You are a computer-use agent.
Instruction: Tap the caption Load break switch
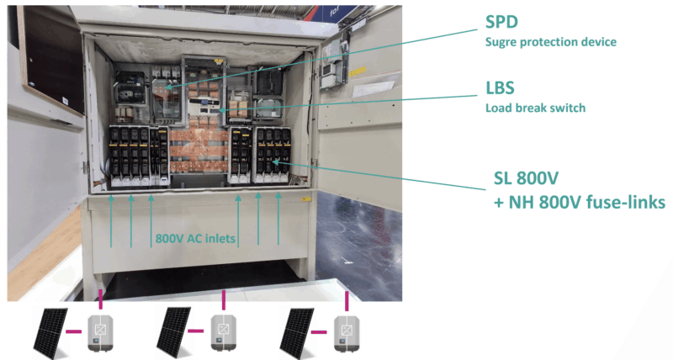click(535, 108)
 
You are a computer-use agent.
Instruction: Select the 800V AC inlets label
click(195, 238)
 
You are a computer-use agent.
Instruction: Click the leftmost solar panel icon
click(51, 331)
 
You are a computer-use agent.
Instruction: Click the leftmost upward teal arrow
click(112, 222)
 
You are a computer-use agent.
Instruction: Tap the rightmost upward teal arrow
click(278, 222)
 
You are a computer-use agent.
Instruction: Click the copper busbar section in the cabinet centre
click(199, 151)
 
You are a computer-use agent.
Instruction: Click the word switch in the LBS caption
click(568, 108)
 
